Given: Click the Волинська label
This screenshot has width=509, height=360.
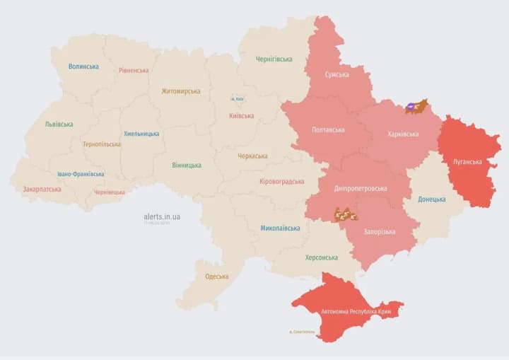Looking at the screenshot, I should point(83,66).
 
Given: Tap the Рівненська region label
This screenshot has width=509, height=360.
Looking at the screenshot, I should point(134,70).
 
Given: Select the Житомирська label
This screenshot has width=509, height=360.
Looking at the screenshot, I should point(180,91).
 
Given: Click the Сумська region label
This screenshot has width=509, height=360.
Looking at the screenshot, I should point(337,74).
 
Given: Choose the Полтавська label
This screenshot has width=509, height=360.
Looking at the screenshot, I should point(328,130).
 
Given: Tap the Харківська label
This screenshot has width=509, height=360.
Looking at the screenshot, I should point(403,134).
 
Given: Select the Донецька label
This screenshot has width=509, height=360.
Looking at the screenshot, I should point(431,199).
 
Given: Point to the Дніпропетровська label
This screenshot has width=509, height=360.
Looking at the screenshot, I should point(361,189).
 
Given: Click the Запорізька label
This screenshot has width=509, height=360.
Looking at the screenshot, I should point(380,231).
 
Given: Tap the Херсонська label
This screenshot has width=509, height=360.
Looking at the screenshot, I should point(321,257).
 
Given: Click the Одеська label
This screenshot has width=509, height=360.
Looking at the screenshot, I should point(216,276).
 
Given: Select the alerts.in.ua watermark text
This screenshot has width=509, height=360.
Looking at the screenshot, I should point(161,216).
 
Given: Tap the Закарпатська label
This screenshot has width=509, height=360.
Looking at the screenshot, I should point(42,189).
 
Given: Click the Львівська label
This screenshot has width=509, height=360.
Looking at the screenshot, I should point(59,124).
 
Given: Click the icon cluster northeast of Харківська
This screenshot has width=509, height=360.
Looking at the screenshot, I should point(416,107).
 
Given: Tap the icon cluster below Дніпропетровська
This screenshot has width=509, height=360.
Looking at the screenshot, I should point(346,214).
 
